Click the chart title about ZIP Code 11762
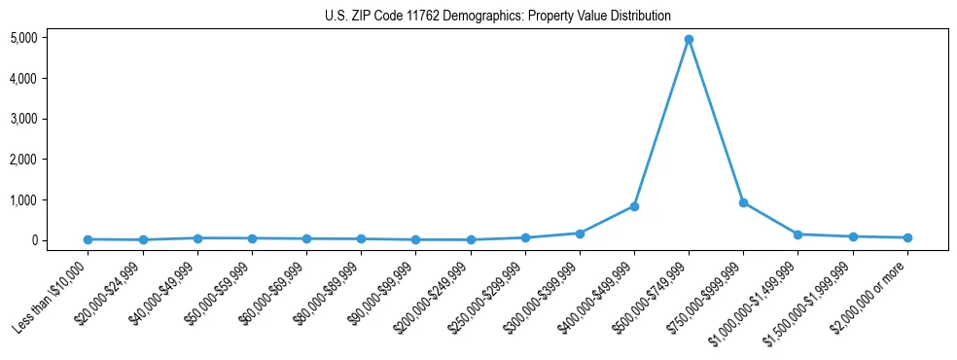tap(497, 16)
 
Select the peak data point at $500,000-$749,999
tap(689, 40)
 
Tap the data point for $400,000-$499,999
tap(634, 206)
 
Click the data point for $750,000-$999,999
tap(743, 202)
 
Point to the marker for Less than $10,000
tap(89, 239)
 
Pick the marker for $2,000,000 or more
tap(907, 237)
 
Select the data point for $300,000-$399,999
tap(580, 234)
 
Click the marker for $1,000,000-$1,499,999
tap(797, 234)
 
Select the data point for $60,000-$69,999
tap(306, 238)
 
